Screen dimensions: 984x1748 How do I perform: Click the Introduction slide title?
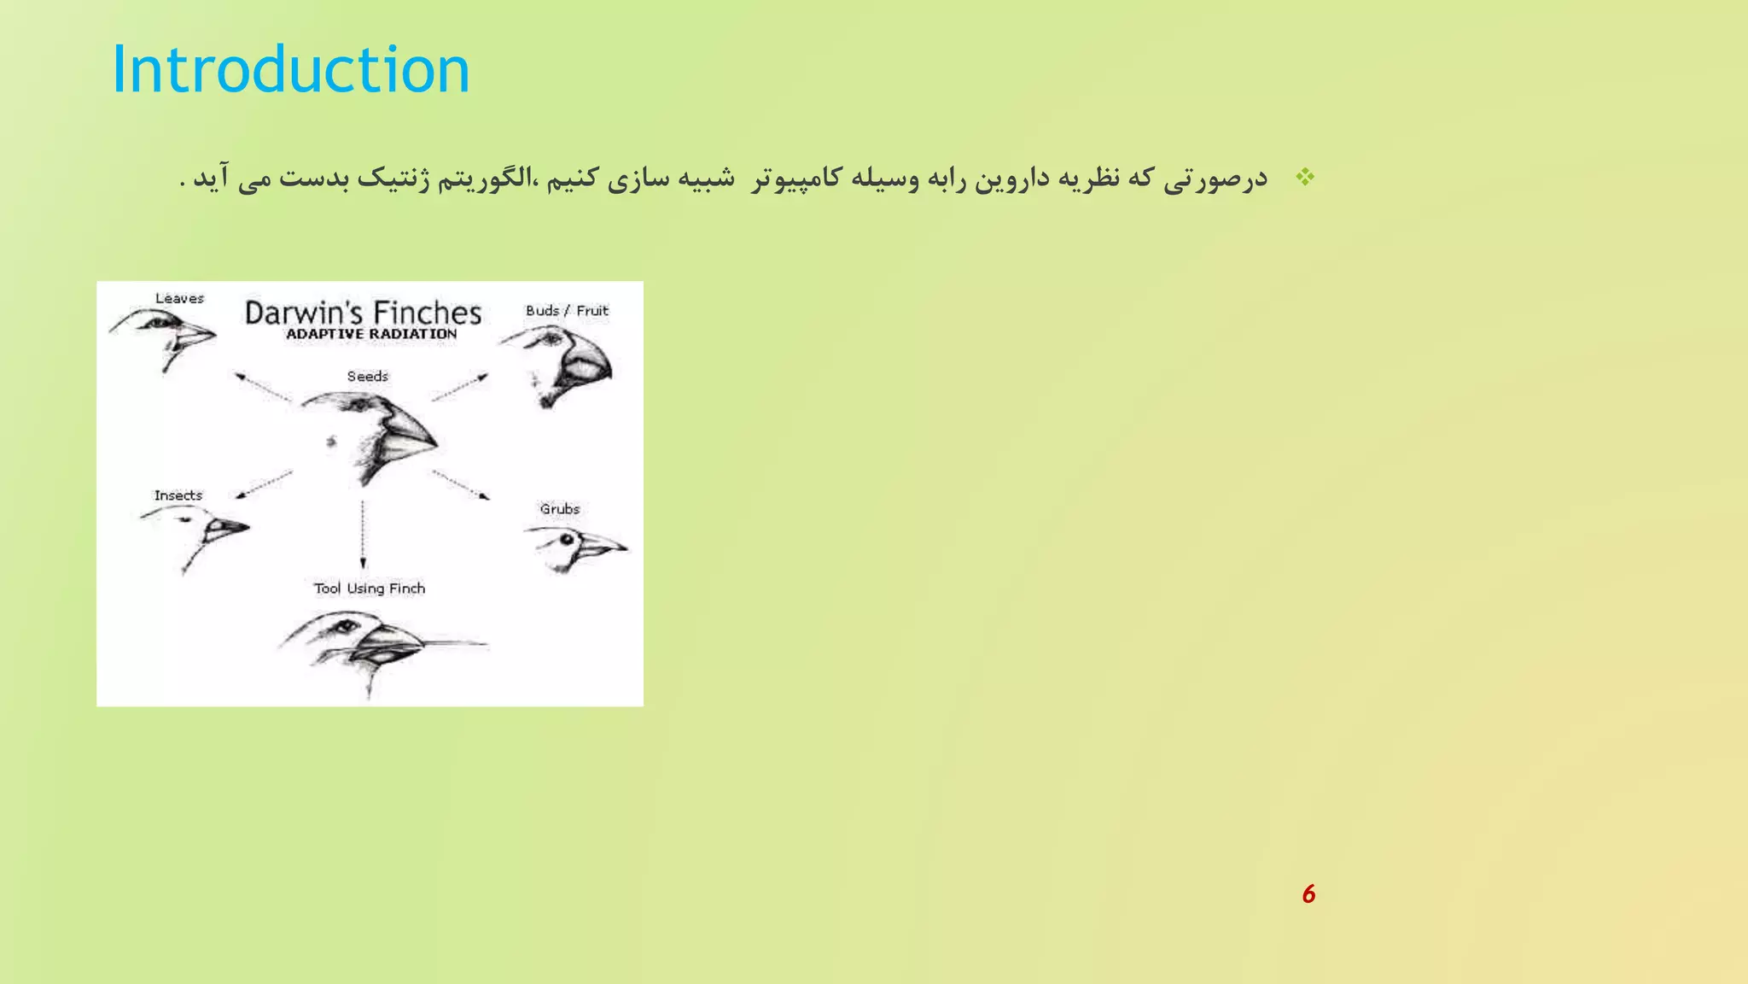(291, 70)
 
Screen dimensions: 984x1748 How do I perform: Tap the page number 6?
(1308, 894)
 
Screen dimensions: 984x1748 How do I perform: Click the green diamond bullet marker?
(1305, 178)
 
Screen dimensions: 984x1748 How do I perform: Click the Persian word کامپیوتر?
(797, 179)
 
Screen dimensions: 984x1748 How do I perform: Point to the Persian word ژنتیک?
(393, 179)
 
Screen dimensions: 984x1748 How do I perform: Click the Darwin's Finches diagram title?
(363, 313)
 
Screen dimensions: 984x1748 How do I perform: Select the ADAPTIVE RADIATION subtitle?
(371, 334)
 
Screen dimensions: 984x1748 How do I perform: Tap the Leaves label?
(179, 298)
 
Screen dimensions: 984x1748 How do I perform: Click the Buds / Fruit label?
(567, 311)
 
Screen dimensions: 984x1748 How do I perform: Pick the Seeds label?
(367, 376)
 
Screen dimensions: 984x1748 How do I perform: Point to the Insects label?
(178, 495)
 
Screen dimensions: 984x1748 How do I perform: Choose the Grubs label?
(559, 509)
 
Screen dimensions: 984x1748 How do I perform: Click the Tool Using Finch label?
(369, 589)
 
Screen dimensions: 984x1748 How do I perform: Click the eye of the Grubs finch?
(566, 540)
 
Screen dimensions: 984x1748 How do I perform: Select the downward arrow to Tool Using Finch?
(363, 534)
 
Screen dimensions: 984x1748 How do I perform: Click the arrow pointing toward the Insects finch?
(264, 484)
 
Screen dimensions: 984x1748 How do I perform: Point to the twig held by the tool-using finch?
(452, 642)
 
